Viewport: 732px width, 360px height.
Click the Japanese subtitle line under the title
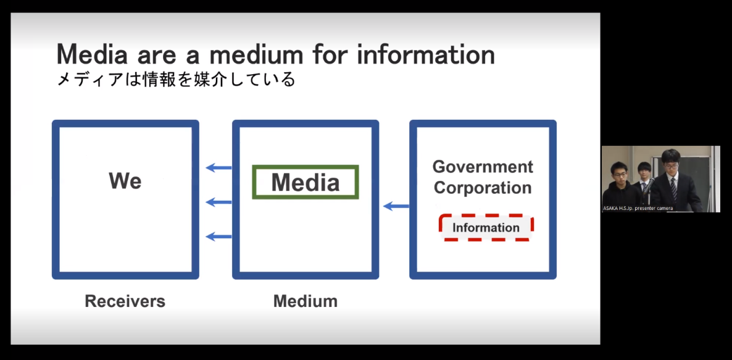click(176, 80)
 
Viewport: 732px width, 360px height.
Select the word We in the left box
click(125, 181)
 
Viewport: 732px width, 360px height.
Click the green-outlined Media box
click(306, 182)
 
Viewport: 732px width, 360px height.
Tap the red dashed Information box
click(486, 227)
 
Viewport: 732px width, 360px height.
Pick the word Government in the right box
click(483, 167)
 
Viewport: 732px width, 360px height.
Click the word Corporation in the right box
click(483, 188)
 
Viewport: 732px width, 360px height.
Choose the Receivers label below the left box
click(125, 301)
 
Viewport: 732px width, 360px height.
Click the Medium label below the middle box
click(306, 301)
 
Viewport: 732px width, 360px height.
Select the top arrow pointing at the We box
click(218, 167)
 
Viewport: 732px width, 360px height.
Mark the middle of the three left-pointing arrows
click(218, 202)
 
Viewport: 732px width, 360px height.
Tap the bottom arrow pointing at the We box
click(218, 236)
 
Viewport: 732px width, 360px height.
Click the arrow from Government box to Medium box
click(396, 206)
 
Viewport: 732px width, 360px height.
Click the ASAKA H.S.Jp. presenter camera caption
click(638, 208)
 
